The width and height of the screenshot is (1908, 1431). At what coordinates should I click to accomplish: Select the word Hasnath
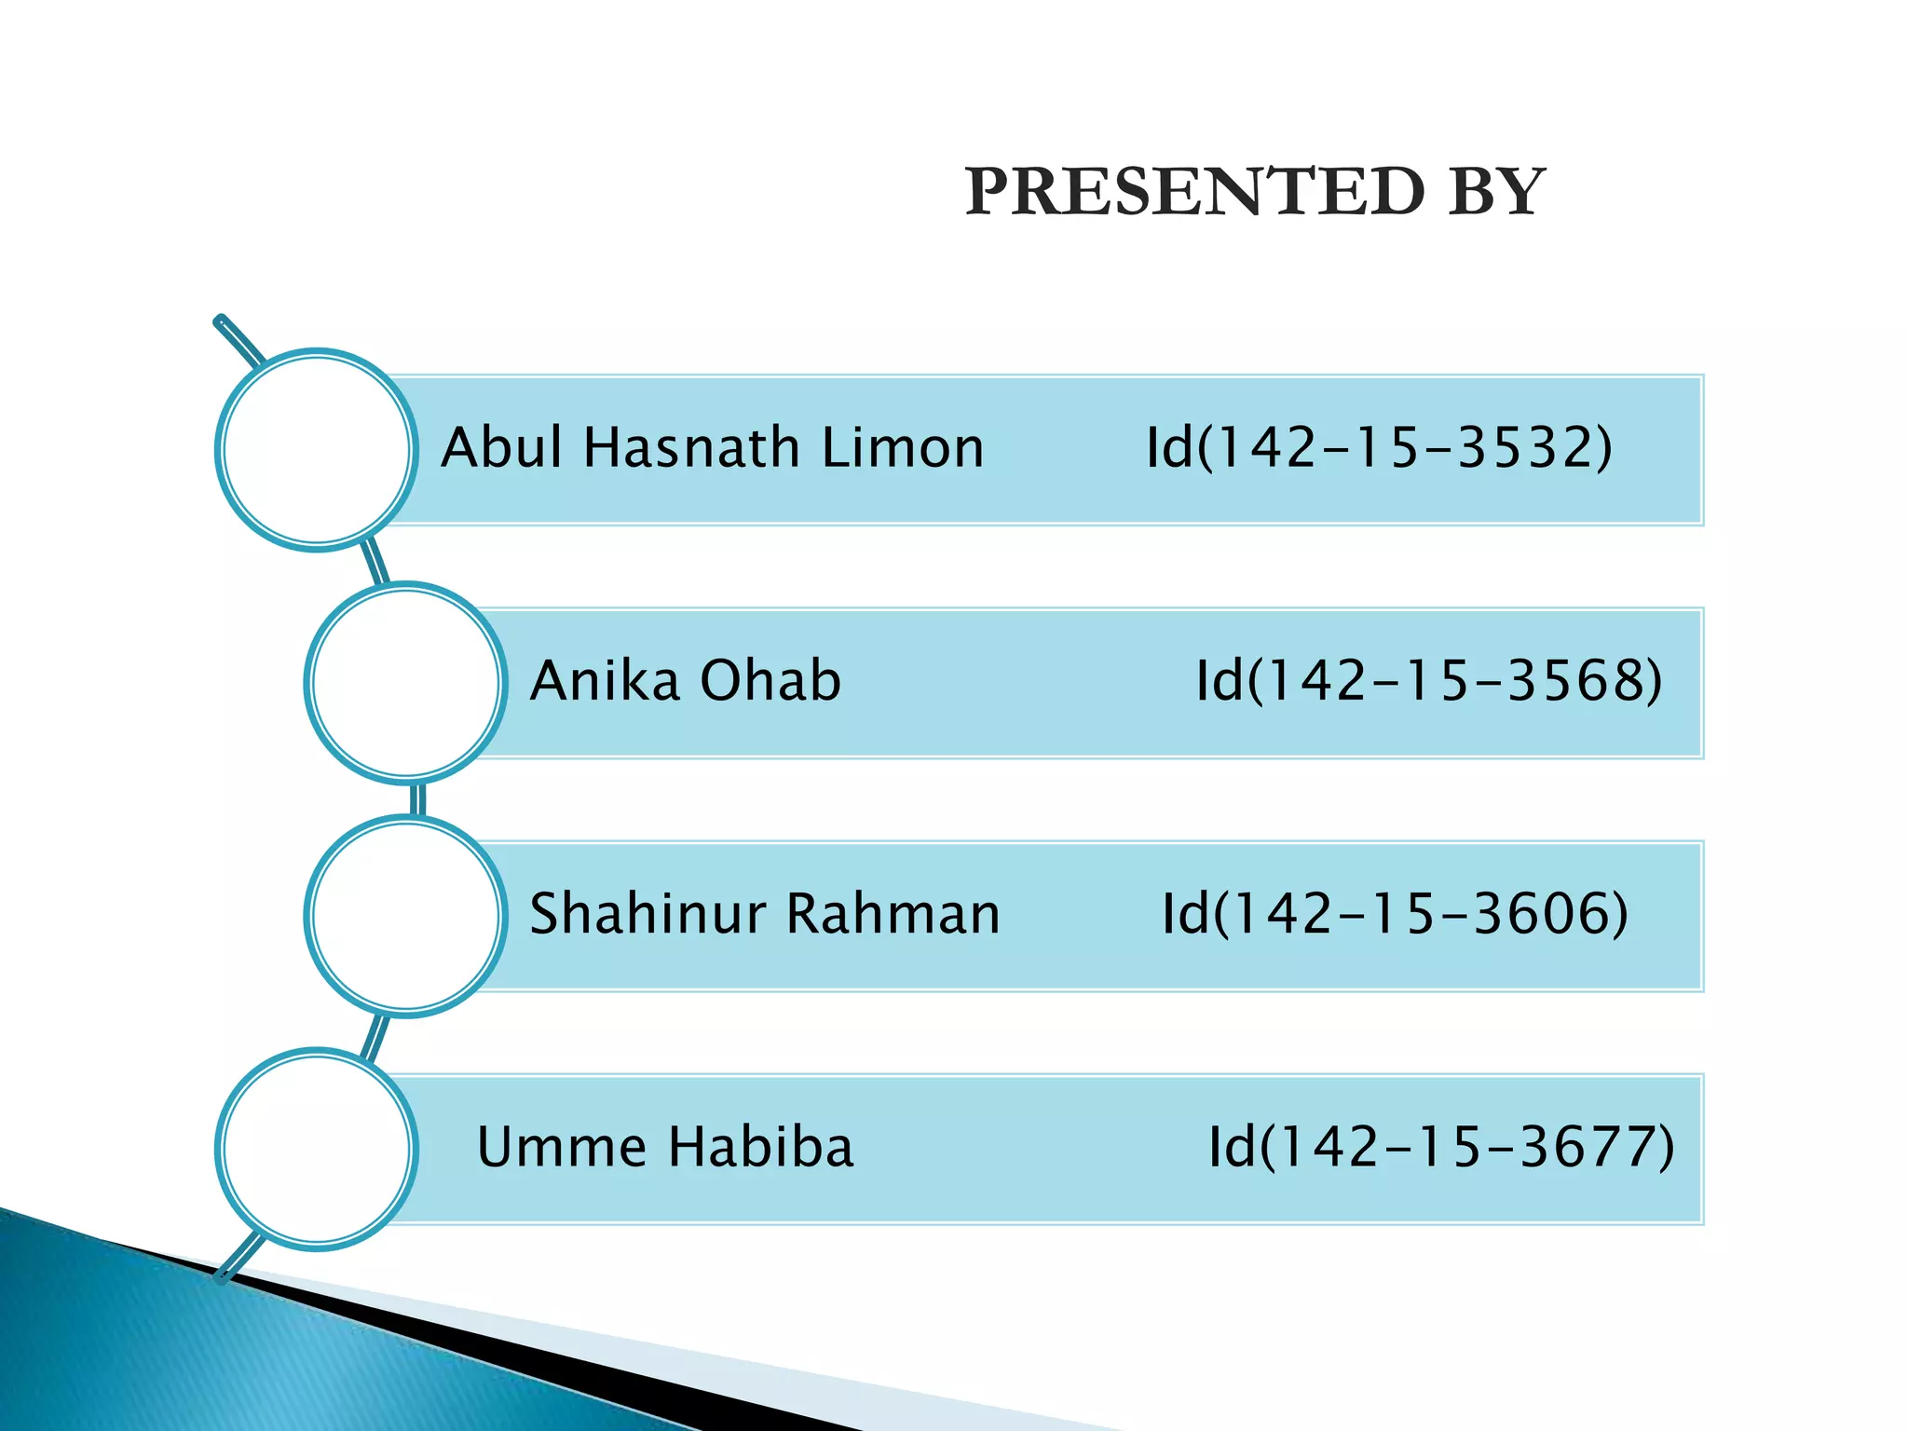point(690,447)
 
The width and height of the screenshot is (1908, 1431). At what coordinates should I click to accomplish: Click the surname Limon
point(902,447)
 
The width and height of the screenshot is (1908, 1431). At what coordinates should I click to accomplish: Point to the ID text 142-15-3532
point(1379,447)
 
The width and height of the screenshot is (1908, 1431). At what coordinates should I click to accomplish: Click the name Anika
point(605,680)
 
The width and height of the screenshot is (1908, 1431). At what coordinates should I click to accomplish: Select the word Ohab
point(770,680)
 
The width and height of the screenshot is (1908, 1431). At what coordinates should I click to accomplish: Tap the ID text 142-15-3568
point(1429,680)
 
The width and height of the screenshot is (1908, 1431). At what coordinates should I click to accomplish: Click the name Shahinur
point(647,913)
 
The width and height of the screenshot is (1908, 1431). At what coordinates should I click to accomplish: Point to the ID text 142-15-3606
point(1395,913)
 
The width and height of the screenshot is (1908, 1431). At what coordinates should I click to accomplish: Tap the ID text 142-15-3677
point(1441,1147)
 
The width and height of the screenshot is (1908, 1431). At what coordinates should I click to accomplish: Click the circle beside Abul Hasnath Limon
point(317,450)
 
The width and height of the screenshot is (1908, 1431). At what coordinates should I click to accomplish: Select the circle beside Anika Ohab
point(405,683)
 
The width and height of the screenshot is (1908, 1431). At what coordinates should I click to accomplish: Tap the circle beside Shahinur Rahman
point(405,916)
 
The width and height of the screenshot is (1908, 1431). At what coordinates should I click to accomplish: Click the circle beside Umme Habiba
point(317,1149)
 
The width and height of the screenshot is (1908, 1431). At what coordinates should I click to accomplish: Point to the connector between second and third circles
point(417,799)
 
